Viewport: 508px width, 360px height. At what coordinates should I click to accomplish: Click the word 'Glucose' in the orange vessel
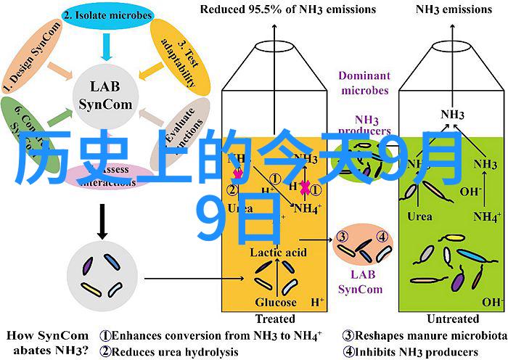275,302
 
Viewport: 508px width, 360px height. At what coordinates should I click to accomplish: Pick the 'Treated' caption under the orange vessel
275,319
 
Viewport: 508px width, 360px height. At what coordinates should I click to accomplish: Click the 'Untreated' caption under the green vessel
453,319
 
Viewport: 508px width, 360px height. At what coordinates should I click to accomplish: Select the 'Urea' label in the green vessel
420,216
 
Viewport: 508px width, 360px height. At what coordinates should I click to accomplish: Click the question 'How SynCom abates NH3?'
48,343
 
